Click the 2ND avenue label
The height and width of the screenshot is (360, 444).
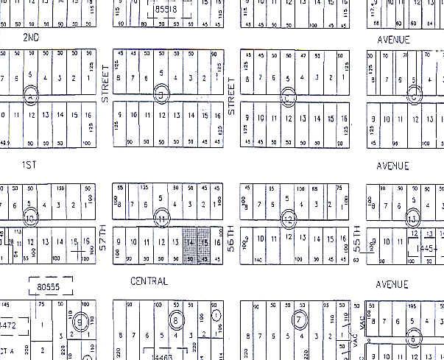click(31, 37)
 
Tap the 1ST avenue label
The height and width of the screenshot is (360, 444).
click(29, 158)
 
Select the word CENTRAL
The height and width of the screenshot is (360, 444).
click(149, 281)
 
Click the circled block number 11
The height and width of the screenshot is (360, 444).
click(163, 218)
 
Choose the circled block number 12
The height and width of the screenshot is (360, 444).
click(288, 218)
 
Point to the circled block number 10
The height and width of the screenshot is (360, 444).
click(30, 219)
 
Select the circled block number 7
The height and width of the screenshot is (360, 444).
click(299, 320)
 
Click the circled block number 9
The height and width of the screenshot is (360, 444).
click(82, 320)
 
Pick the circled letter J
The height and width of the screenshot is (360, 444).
click(163, 93)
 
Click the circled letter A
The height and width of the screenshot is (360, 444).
click(30, 95)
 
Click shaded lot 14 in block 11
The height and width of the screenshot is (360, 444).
click(191, 245)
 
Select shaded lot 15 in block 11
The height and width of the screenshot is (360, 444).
click(204, 245)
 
